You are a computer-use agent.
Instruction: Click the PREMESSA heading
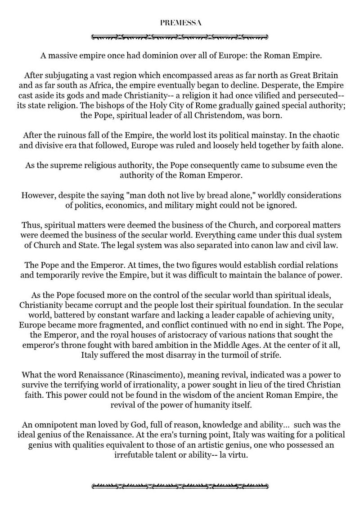click(x=180, y=21)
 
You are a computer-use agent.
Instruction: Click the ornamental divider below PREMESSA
click(x=180, y=36)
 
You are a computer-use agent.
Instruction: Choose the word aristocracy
click(x=152, y=335)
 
